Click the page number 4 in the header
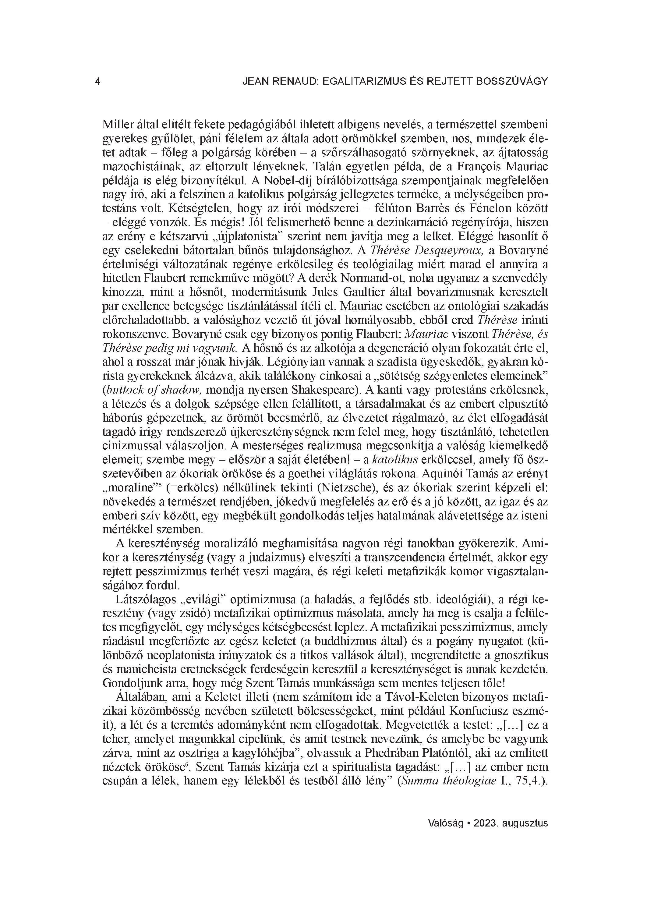pyautogui.click(x=97, y=82)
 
